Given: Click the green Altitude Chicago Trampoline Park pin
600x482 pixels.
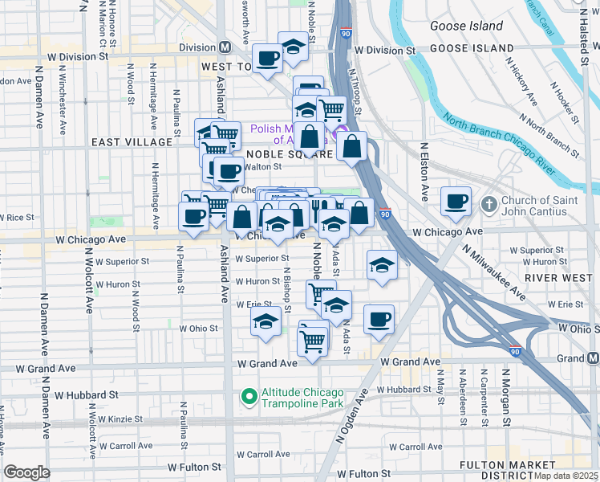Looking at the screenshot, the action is click(x=249, y=396).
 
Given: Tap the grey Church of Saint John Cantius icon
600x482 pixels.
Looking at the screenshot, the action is click(x=489, y=204).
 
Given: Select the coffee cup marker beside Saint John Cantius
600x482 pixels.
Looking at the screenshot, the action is click(x=456, y=202).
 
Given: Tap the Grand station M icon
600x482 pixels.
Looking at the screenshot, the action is click(x=592, y=357).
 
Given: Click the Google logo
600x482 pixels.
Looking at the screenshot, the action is click(x=27, y=472).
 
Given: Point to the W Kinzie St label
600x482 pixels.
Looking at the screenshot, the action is click(x=119, y=419).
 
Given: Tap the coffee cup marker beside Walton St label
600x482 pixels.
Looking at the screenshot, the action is click(x=229, y=172).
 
